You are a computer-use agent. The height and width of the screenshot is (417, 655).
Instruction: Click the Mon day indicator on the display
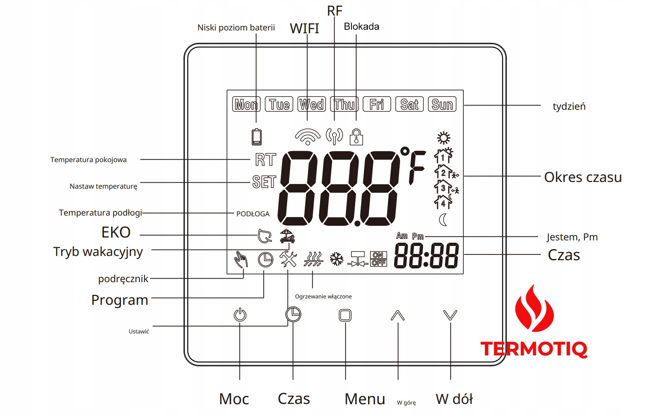[246, 104]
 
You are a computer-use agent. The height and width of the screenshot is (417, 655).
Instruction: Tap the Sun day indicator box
[442, 104]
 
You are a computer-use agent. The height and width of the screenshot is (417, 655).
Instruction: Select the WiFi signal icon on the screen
[308, 137]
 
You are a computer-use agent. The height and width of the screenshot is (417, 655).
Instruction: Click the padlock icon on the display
[356, 137]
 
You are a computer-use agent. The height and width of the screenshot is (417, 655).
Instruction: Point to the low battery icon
[257, 137]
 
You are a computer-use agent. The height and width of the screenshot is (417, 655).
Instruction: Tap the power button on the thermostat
[240, 315]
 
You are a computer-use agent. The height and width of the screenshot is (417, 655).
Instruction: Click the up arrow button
[398, 315]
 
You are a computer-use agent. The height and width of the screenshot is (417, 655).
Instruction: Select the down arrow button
[450, 315]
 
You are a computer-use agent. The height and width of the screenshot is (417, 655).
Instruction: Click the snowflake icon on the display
[336, 259]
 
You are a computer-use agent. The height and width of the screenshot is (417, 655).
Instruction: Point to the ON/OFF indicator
[378, 259]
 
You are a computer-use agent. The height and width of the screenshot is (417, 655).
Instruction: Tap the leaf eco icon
[264, 236]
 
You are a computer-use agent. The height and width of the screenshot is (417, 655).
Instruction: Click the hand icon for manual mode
[241, 259]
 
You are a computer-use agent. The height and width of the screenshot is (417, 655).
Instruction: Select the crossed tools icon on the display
[288, 259]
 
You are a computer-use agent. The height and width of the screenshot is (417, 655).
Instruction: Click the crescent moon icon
[443, 220]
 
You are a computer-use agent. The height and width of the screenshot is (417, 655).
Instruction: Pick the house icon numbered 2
[443, 172]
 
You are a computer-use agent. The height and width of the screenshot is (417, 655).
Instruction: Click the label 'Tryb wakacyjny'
[98, 252]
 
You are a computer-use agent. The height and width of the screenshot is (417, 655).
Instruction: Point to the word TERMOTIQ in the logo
[533, 349]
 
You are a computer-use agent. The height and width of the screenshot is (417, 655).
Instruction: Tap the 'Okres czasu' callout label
[582, 177]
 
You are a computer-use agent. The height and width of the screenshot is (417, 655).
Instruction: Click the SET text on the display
[264, 182]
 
